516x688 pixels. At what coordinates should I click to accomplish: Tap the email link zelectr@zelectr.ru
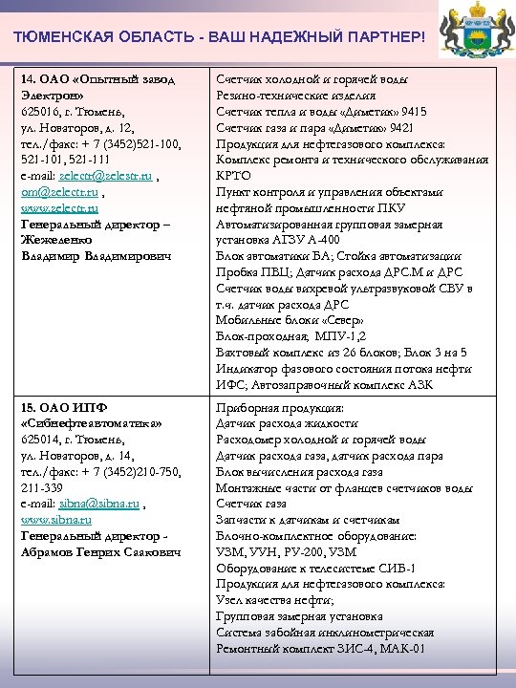coord(104,177)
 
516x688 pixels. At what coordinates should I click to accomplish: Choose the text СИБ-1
coord(396,567)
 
